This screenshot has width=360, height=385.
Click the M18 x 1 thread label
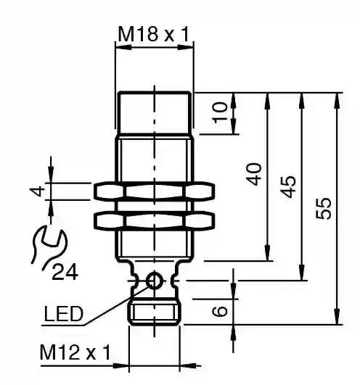coord(154,34)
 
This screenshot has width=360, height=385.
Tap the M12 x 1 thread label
coord(75,352)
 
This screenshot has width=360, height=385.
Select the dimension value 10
coord(220,112)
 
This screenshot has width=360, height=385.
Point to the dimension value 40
coord(254,174)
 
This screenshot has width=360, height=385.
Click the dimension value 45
coord(288,186)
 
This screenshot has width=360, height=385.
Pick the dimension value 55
coord(324,208)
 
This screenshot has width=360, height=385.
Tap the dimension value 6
coord(219,311)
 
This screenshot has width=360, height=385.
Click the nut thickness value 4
coord(37,191)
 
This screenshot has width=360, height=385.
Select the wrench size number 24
coord(65,272)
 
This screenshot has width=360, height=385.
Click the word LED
coord(64,314)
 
